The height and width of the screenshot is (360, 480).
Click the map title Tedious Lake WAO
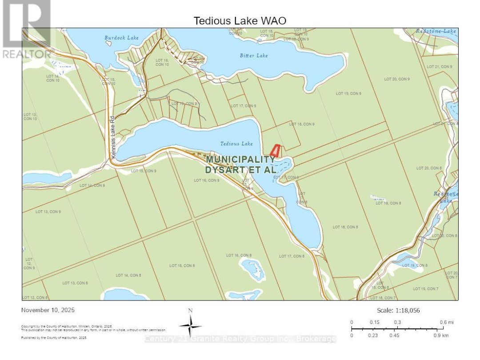(x=240, y=21)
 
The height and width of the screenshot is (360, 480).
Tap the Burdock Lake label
(x=121, y=38)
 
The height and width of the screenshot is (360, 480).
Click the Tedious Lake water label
(x=236, y=144)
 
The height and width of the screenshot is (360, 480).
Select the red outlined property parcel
(x=275, y=151)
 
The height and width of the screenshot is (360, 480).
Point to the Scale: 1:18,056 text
(x=398, y=311)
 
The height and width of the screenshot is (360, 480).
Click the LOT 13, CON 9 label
(x=48, y=212)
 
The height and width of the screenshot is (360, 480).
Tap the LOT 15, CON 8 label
(x=182, y=266)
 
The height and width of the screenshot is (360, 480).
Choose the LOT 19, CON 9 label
(x=348, y=93)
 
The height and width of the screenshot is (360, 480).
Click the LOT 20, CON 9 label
(x=397, y=79)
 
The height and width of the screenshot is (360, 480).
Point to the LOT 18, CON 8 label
(x=345, y=227)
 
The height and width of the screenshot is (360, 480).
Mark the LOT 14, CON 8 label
(x=128, y=276)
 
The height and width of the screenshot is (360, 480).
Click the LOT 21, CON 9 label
(x=439, y=67)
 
